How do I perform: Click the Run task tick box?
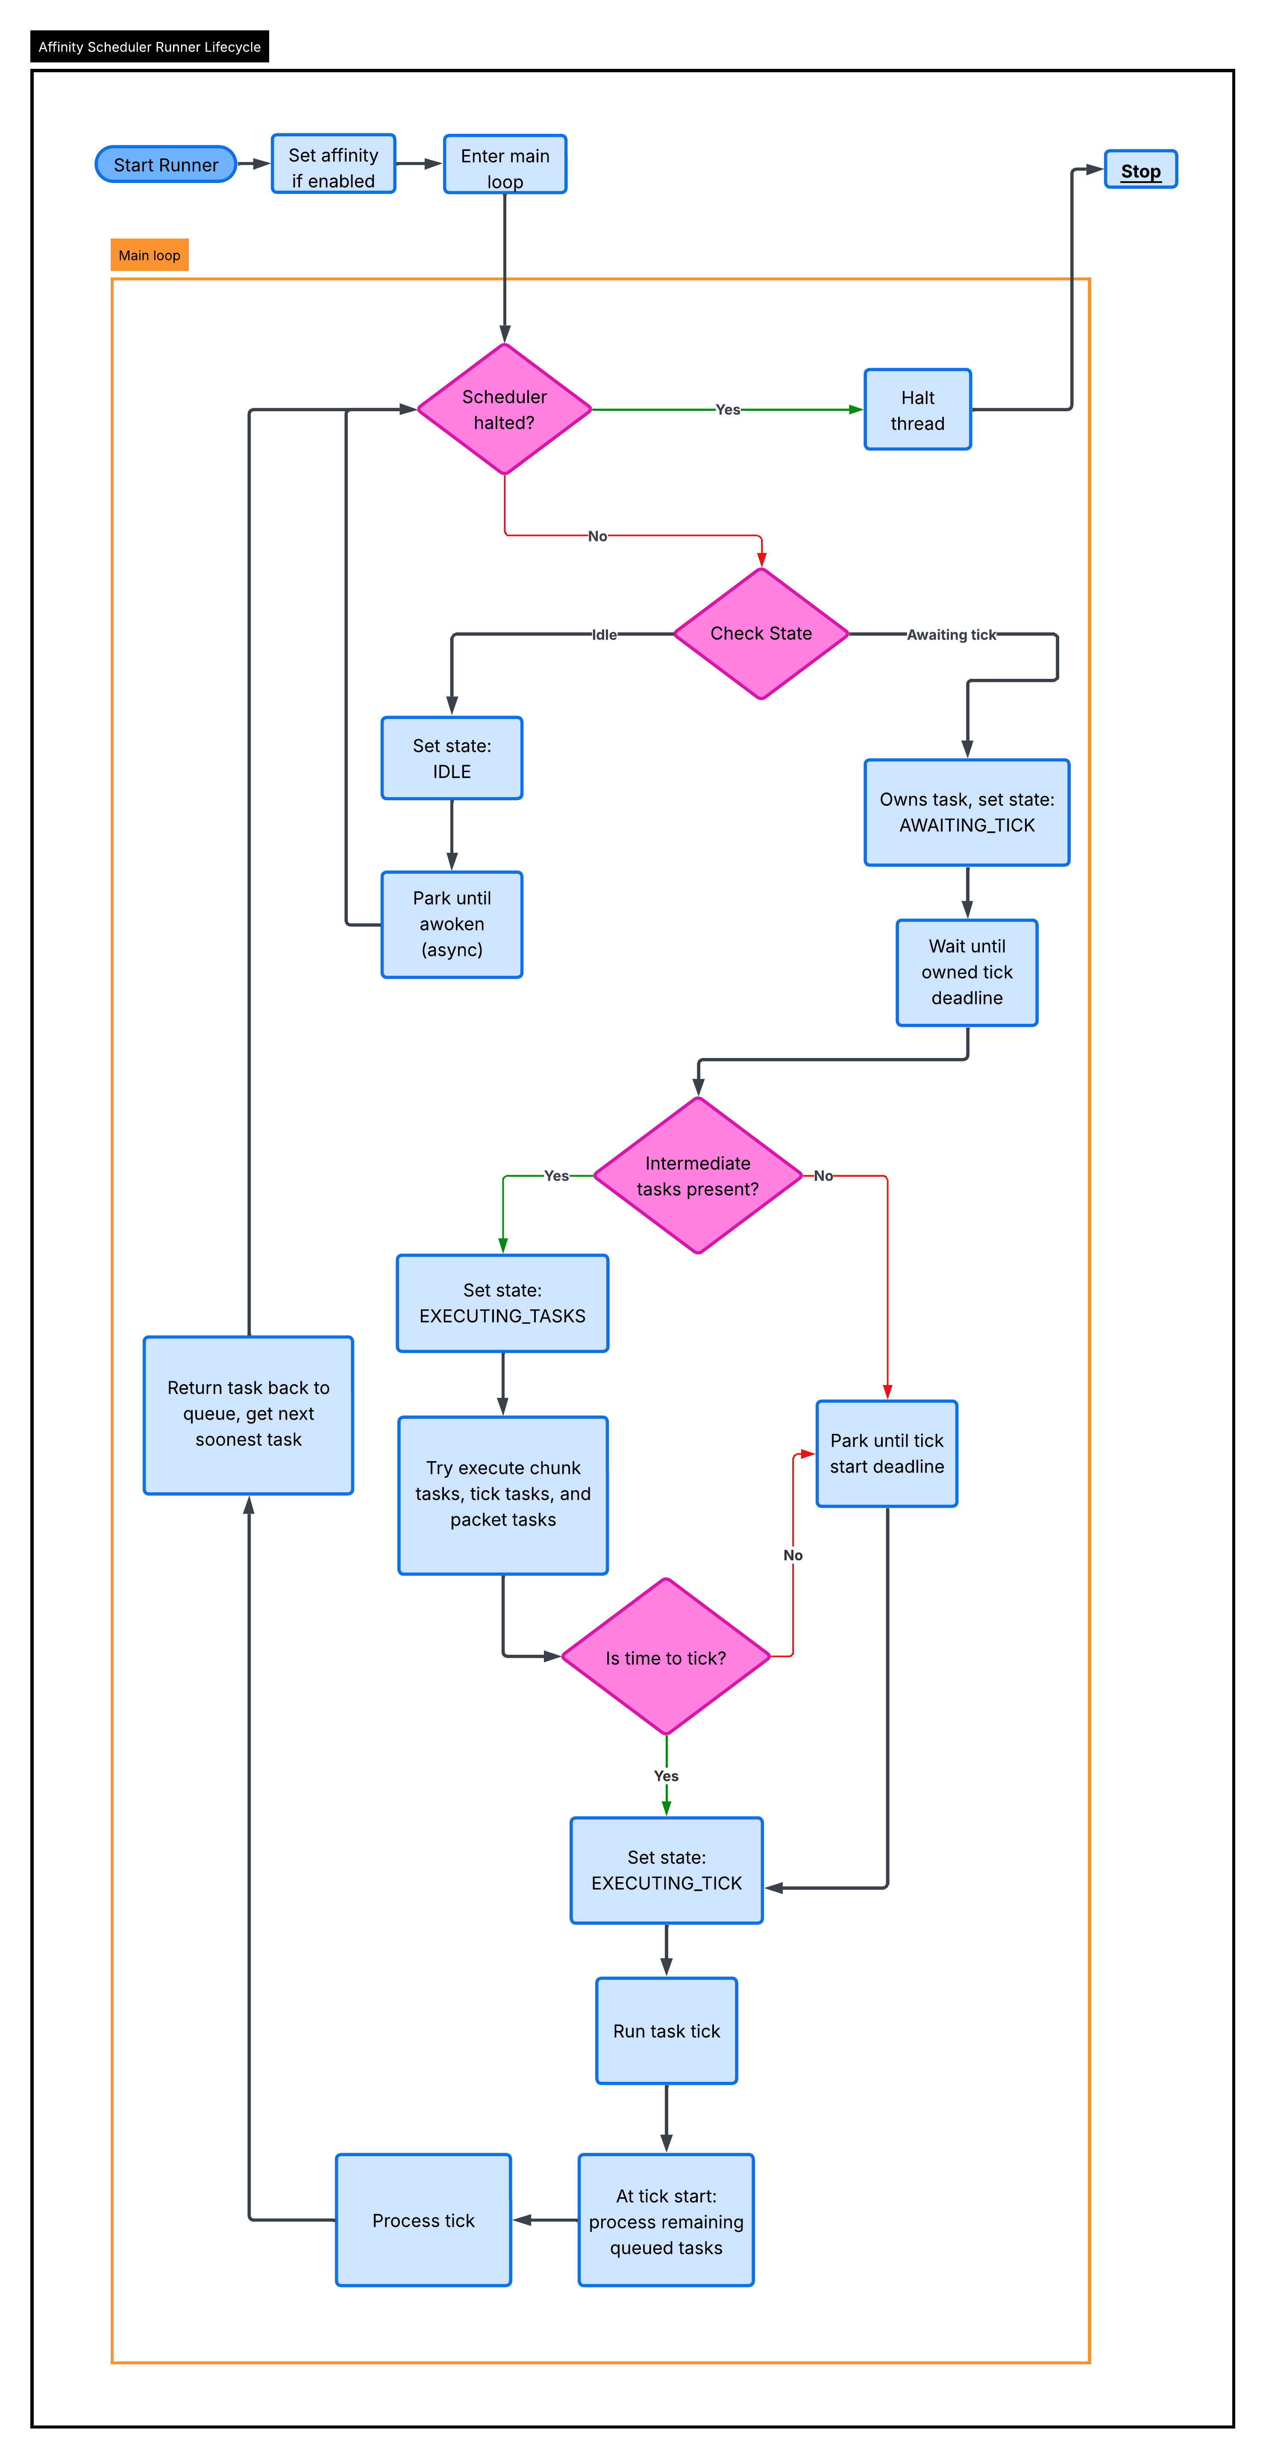point(666,2031)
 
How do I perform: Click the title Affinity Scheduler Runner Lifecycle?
point(150,47)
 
